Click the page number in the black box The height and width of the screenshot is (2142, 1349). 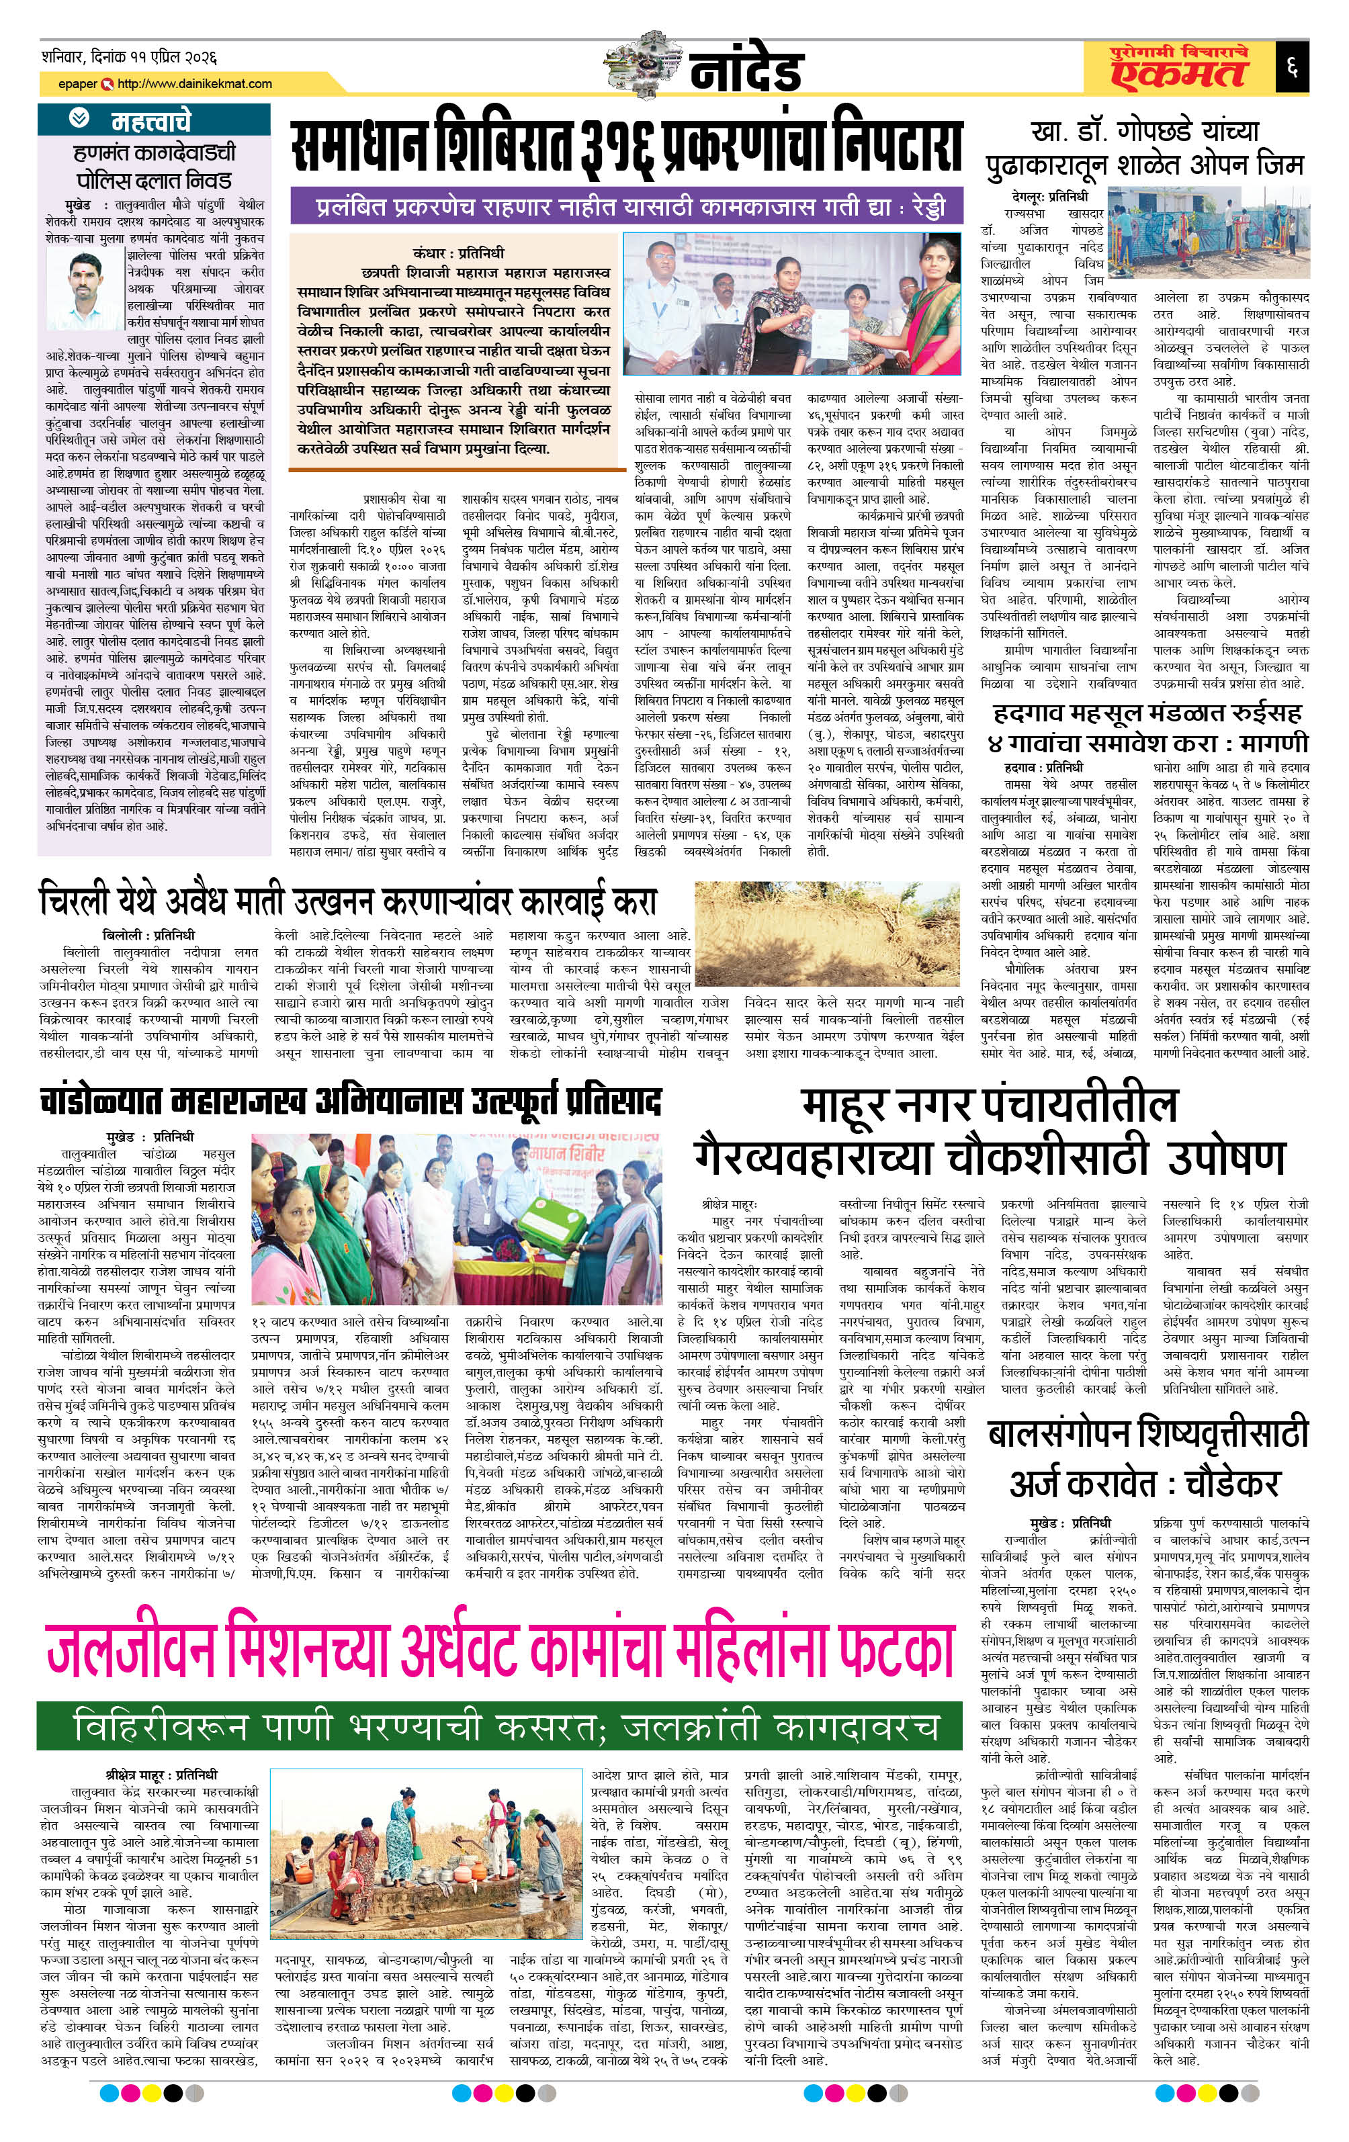[x=1291, y=66]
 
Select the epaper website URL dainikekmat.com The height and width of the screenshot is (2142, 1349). [x=194, y=83]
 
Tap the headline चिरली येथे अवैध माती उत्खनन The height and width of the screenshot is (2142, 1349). [x=348, y=901]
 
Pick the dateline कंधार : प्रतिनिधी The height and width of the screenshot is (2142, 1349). [x=458, y=253]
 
